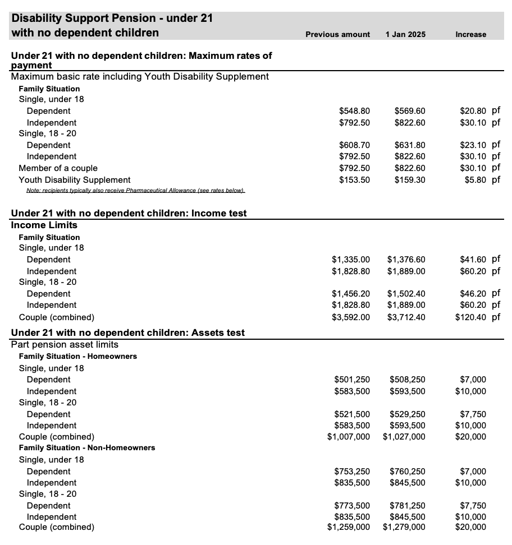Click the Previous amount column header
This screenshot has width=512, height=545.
point(337,34)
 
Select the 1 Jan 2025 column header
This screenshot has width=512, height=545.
point(405,34)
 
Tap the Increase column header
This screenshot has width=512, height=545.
point(470,34)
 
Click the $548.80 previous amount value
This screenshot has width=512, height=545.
point(354,111)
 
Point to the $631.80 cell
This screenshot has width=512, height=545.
point(410,145)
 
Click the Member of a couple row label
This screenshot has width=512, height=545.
point(58,168)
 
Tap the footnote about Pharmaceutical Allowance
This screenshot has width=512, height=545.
point(135,191)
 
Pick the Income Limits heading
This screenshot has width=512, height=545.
point(44,225)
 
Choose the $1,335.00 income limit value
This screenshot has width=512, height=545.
point(351,260)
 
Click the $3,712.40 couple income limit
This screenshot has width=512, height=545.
point(406,317)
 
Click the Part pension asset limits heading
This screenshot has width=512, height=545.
point(65,344)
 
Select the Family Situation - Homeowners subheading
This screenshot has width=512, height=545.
point(77,357)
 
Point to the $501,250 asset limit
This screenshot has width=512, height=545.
point(352,380)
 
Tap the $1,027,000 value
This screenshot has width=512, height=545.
point(404,437)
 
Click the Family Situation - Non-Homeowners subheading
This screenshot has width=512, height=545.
point(87,448)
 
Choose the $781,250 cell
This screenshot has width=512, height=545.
point(407,506)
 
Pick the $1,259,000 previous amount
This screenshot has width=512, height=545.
point(348,527)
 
